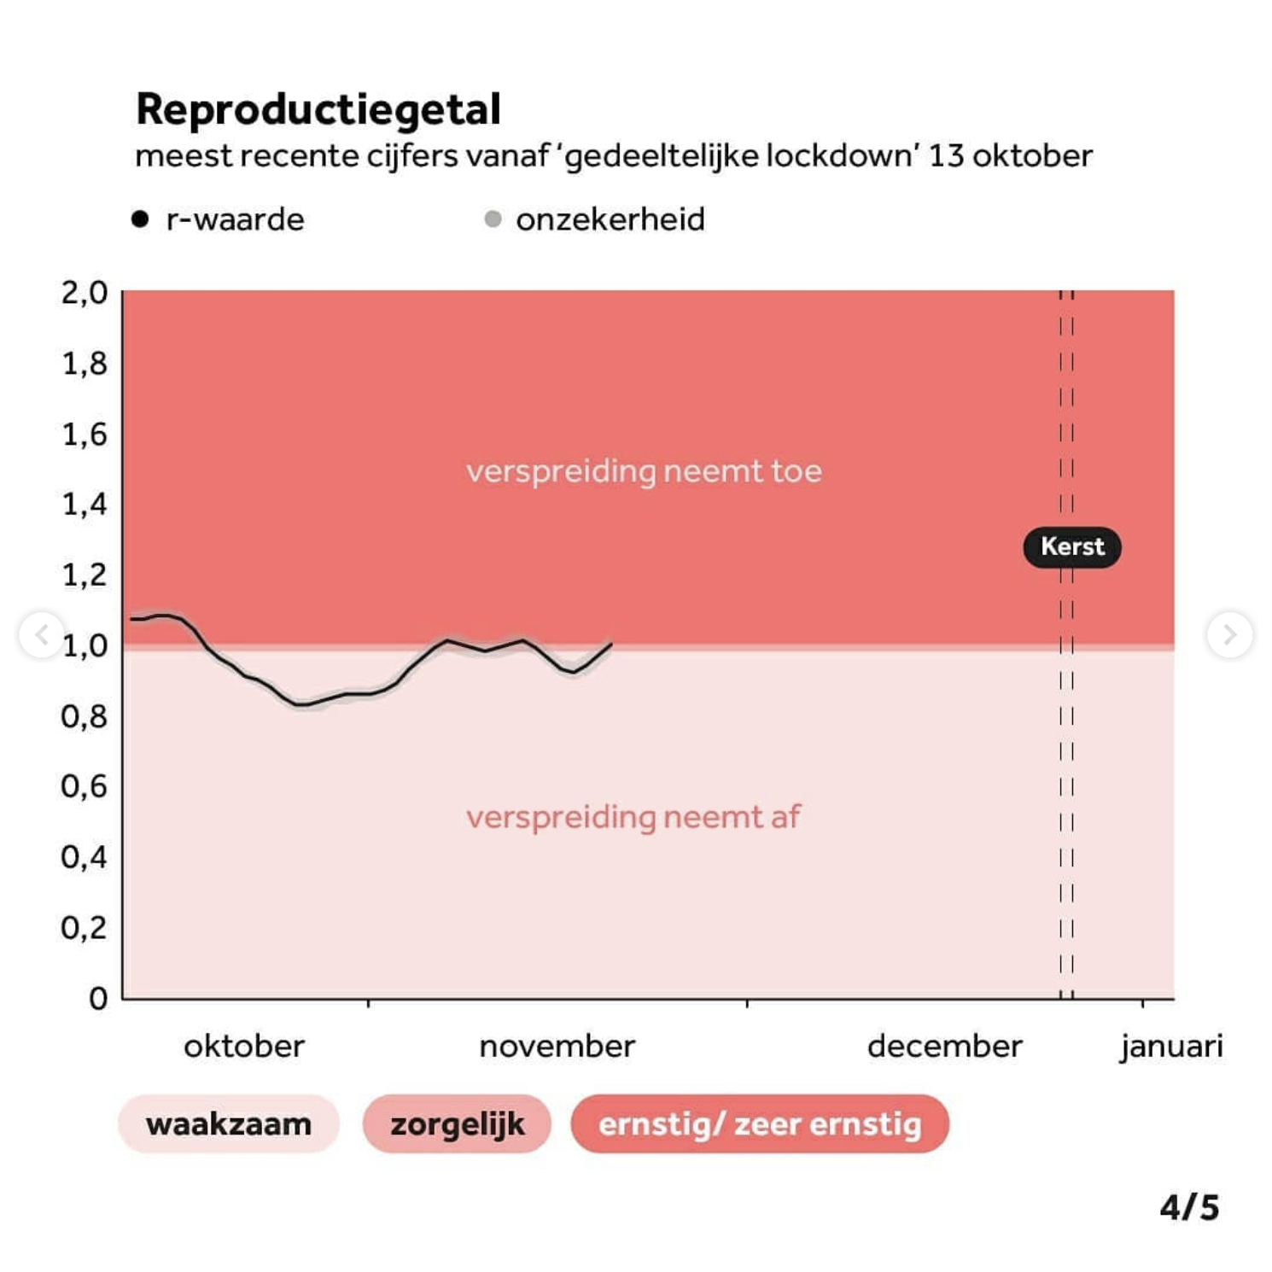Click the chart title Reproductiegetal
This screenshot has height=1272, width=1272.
click(x=318, y=109)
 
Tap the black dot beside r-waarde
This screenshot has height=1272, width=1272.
click(x=141, y=219)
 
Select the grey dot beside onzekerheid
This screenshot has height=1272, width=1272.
click(x=493, y=219)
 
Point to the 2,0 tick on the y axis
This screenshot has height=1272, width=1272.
click(x=85, y=293)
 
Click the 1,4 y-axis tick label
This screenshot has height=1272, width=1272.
click(x=85, y=505)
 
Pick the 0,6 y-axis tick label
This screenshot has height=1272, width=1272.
click(x=85, y=786)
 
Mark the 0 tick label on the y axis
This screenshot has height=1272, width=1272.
click(x=98, y=998)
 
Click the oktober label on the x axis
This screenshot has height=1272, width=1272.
click(x=244, y=1046)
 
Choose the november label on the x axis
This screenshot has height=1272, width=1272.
click(x=557, y=1046)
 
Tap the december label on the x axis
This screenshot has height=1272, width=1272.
click(x=944, y=1046)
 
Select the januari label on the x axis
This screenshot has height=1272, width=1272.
click(x=1171, y=1046)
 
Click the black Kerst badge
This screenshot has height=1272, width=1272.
click(x=1072, y=546)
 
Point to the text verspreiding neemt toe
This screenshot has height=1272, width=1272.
click(x=644, y=471)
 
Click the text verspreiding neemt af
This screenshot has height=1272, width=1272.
click(x=633, y=817)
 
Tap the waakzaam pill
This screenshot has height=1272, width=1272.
click(x=229, y=1124)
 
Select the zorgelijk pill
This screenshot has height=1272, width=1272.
click(x=457, y=1124)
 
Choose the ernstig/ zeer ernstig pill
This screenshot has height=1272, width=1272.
click(x=760, y=1124)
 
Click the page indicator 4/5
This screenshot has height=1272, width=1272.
click(x=1189, y=1207)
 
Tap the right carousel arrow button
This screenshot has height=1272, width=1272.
click(x=1229, y=634)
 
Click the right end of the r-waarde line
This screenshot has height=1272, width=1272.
click(x=610, y=644)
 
